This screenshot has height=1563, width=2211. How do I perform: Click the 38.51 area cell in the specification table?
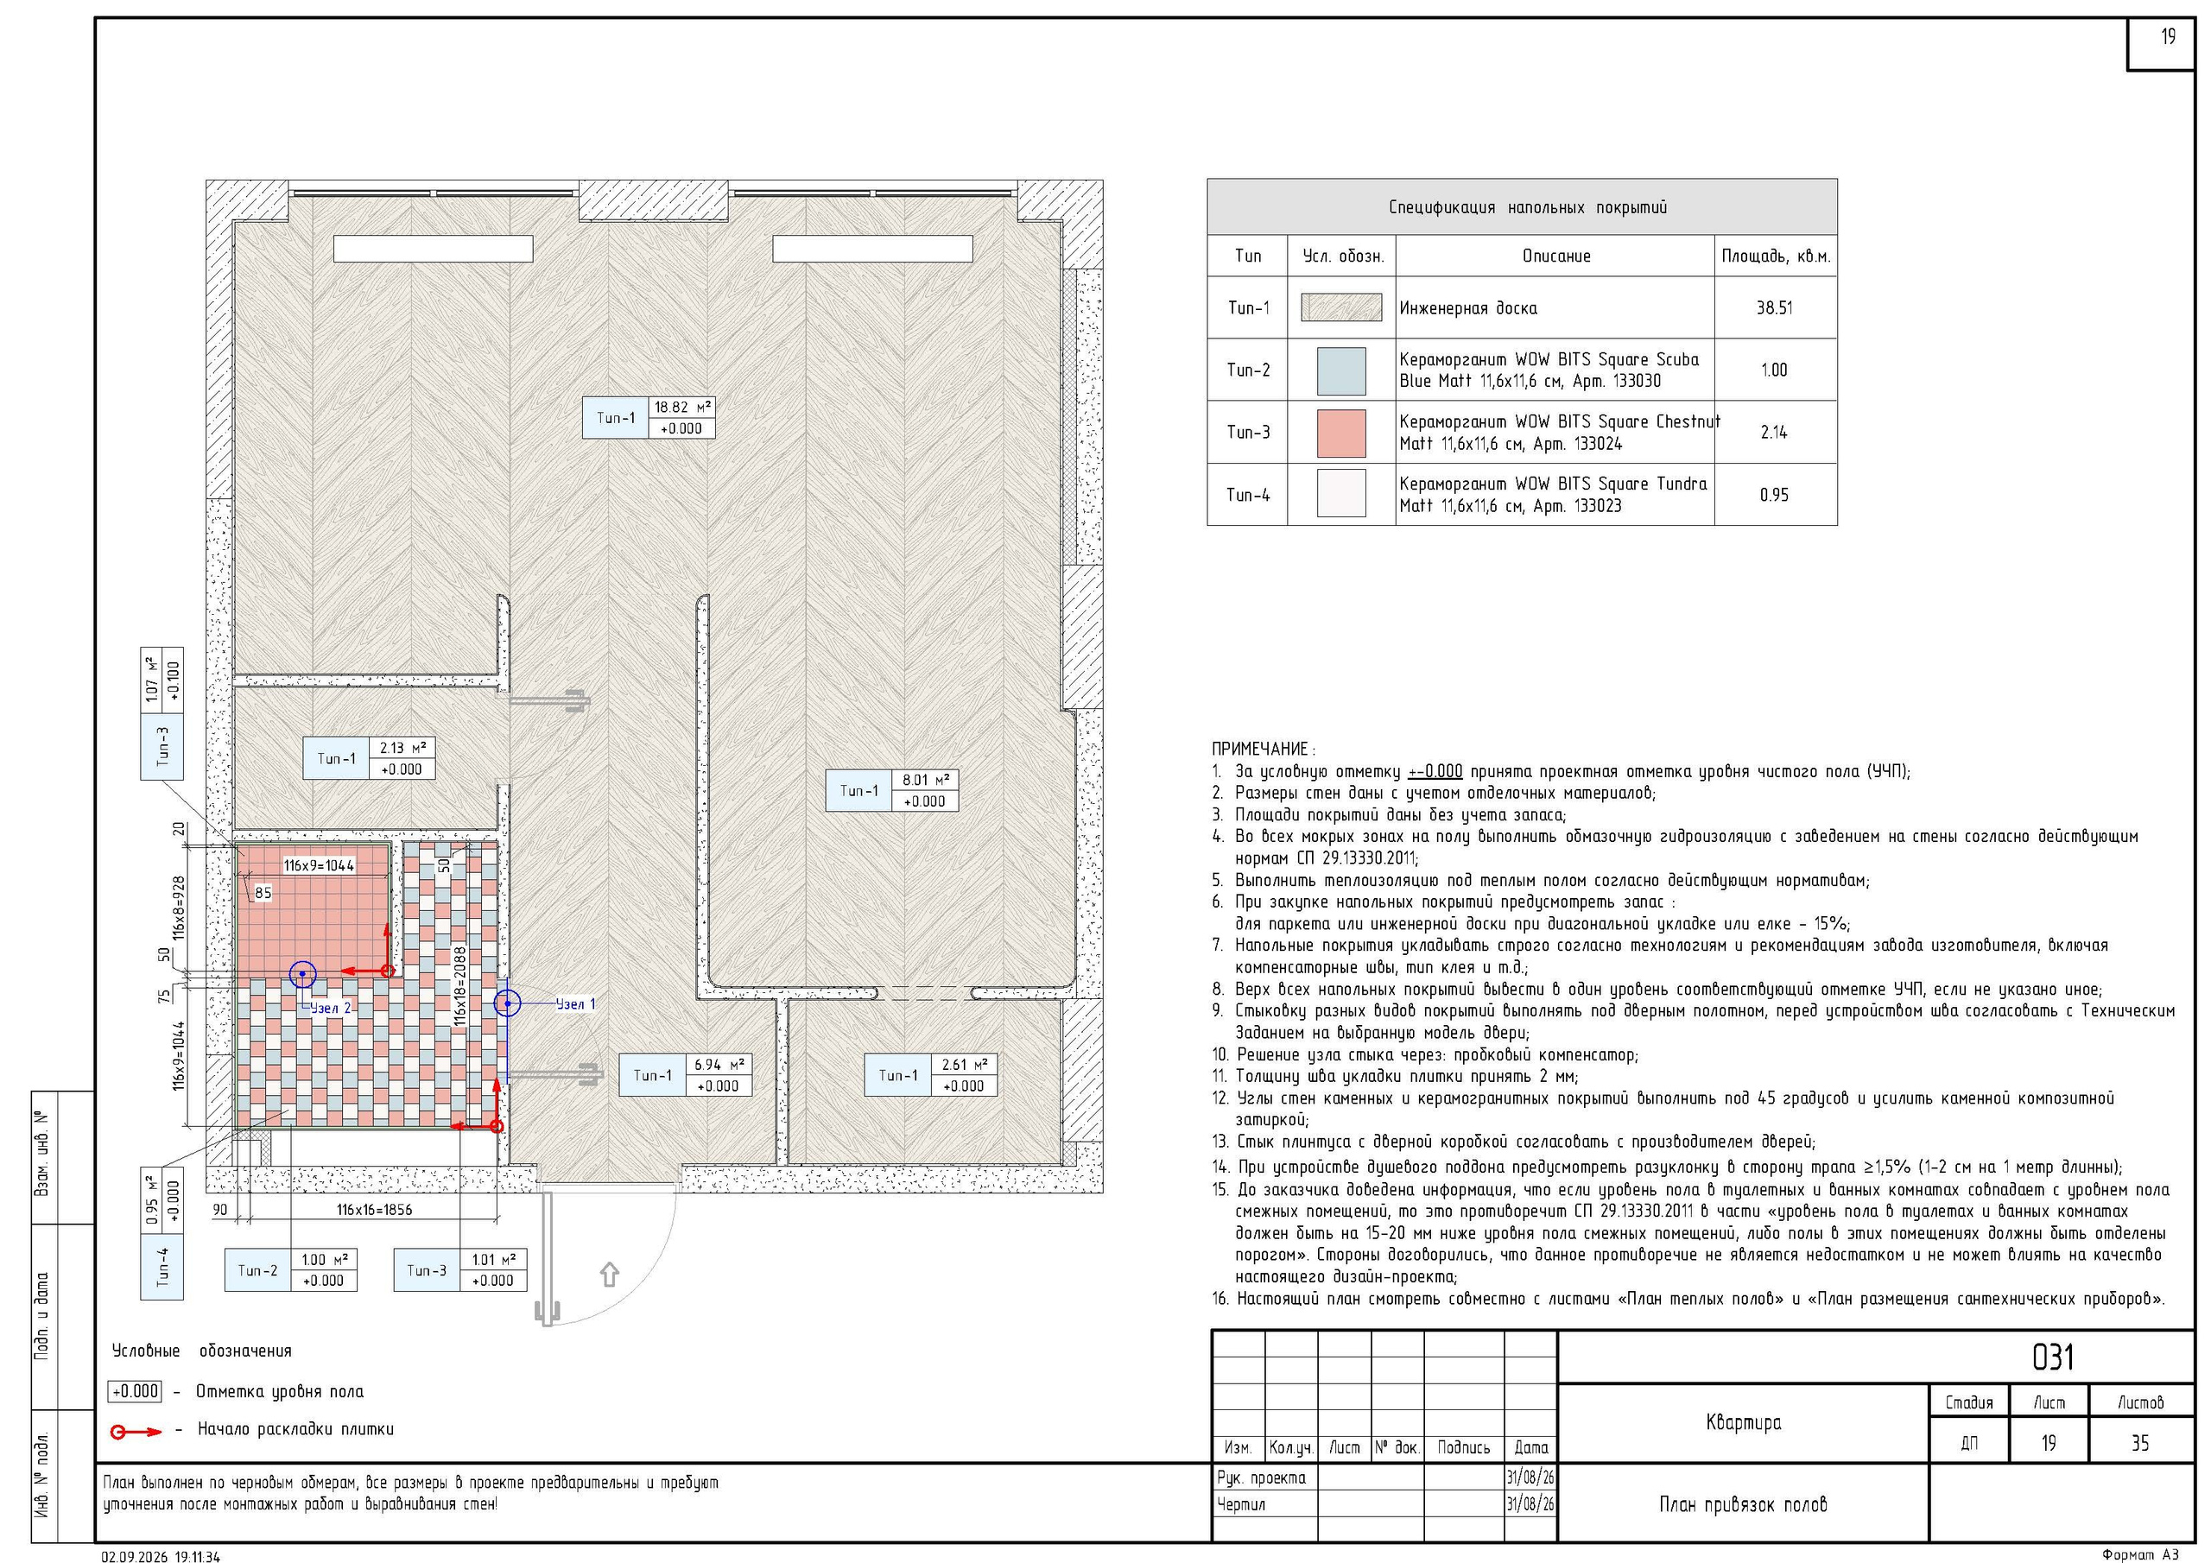(x=1774, y=308)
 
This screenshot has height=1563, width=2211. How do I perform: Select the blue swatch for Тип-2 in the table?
(x=1340, y=370)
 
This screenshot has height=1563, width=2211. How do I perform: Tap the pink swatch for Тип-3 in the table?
(x=1340, y=433)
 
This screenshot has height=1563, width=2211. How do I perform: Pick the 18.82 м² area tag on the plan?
(x=683, y=408)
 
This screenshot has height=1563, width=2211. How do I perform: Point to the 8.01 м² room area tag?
(x=925, y=780)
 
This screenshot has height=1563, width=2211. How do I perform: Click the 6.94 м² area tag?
(x=718, y=1064)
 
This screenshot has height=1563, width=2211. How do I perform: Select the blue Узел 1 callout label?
(x=576, y=1004)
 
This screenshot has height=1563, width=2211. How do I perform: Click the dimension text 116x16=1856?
(x=374, y=1210)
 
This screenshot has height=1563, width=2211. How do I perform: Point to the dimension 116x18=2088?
(x=460, y=986)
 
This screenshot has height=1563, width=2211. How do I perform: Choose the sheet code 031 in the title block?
(x=2052, y=1357)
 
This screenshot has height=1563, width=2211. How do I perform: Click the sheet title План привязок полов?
(x=1742, y=1504)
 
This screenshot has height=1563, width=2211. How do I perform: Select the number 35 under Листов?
(x=2139, y=1443)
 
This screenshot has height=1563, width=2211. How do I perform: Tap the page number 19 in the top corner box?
(x=2167, y=36)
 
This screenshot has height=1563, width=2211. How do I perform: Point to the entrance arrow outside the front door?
(x=609, y=1274)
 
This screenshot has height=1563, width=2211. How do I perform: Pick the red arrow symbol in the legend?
(x=136, y=1432)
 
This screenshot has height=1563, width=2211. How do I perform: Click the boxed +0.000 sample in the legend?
(x=135, y=1391)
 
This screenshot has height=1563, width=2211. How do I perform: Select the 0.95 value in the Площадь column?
(x=1774, y=495)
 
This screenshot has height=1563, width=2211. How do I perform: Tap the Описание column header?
(x=1555, y=256)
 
